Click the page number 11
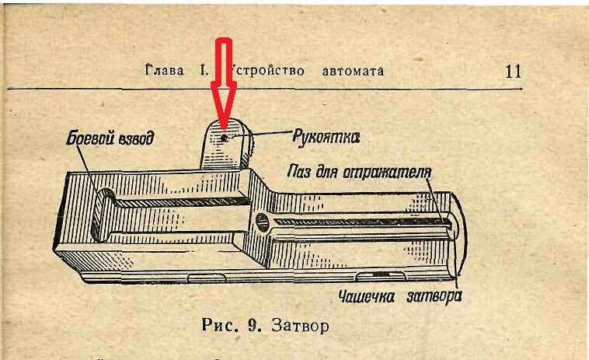(x=513, y=72)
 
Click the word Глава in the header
(x=162, y=71)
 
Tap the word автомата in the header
(x=353, y=71)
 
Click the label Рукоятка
(x=326, y=138)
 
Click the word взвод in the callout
(x=135, y=140)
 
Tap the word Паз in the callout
(x=300, y=170)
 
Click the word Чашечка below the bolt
(x=370, y=296)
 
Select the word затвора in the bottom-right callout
(x=436, y=296)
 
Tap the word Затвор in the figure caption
(x=300, y=326)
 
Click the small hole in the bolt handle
(x=224, y=138)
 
